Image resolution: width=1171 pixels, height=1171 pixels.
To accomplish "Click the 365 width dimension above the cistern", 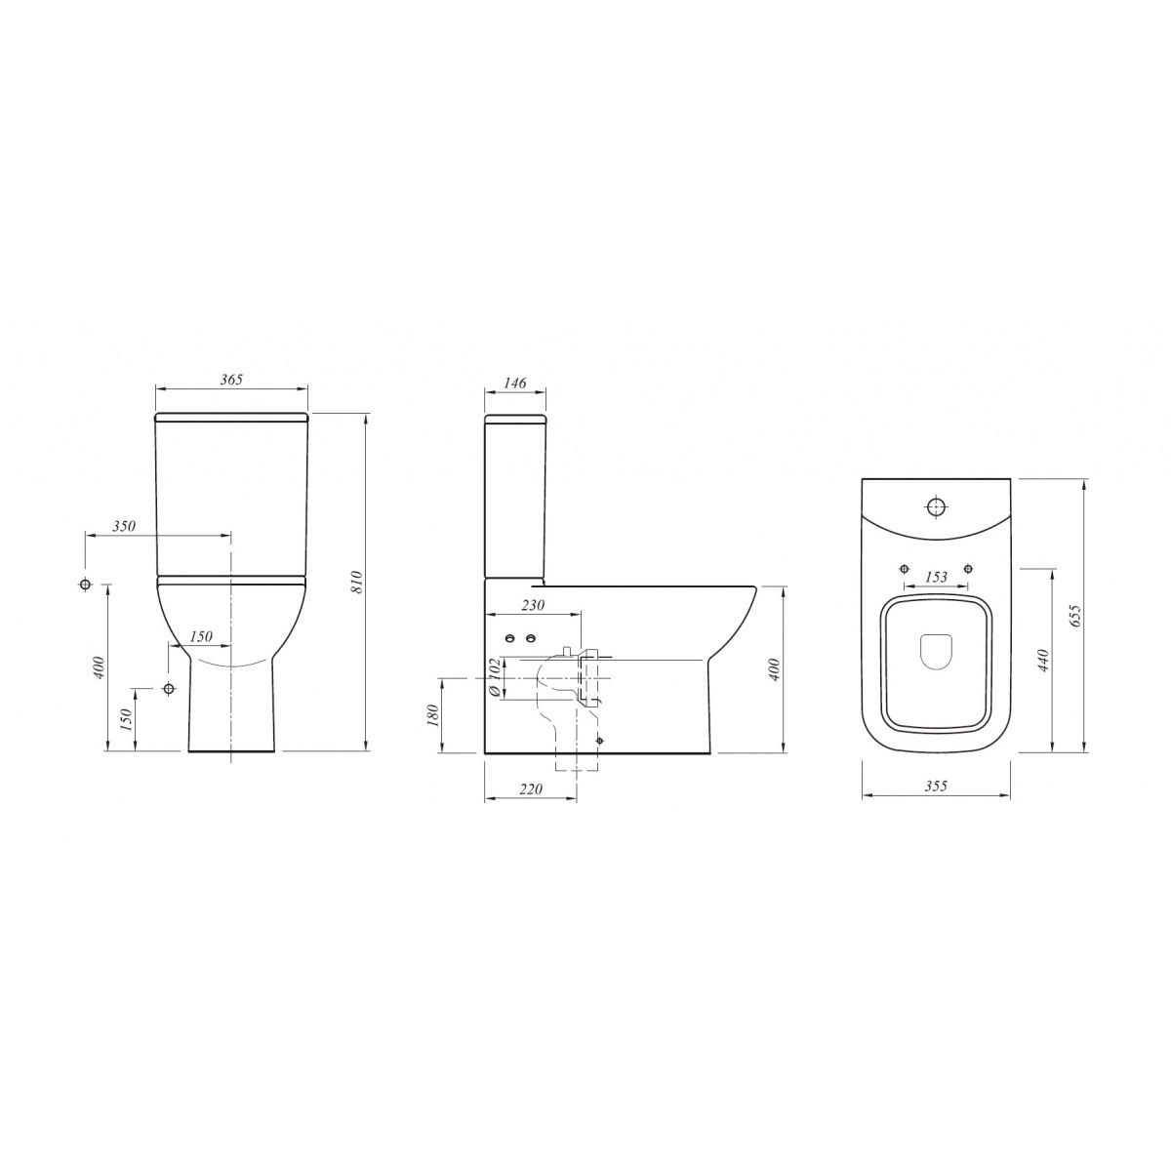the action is pos(231,380).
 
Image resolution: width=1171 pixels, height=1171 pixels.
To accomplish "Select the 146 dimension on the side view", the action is pos(514,383).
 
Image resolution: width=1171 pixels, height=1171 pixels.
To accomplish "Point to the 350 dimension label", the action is pos(123,526).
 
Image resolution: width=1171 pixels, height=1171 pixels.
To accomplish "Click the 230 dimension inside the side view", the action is pos(533,605).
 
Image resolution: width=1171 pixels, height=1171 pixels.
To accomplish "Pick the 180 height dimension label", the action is pos(432,715).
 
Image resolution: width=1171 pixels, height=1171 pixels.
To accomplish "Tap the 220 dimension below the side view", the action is pos(531,788).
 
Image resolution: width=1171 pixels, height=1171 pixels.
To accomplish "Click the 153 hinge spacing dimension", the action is pos(936,577).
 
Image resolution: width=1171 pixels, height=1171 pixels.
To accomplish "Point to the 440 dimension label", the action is pos(1043,660).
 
